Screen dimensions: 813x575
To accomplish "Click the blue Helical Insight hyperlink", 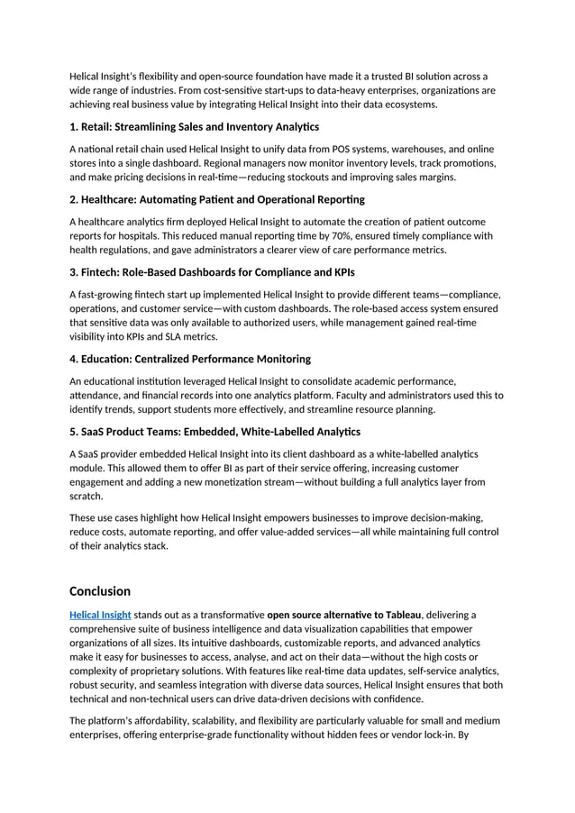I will (x=100, y=616).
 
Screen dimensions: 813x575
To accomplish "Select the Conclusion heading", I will (x=100, y=591).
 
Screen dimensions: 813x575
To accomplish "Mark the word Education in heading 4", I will (x=110, y=359).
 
